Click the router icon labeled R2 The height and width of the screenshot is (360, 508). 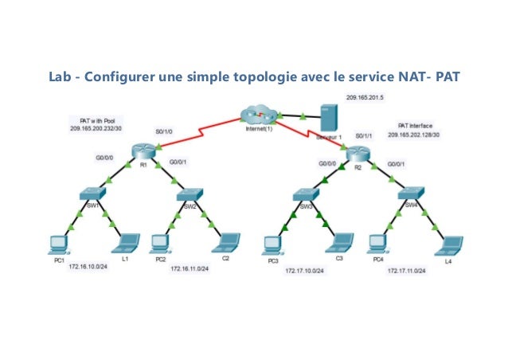click(355, 156)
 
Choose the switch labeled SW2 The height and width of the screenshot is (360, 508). click(190, 194)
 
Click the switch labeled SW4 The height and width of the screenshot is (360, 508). click(409, 194)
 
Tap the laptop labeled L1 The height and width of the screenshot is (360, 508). click(126, 242)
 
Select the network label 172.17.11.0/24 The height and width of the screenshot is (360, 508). click(407, 271)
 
